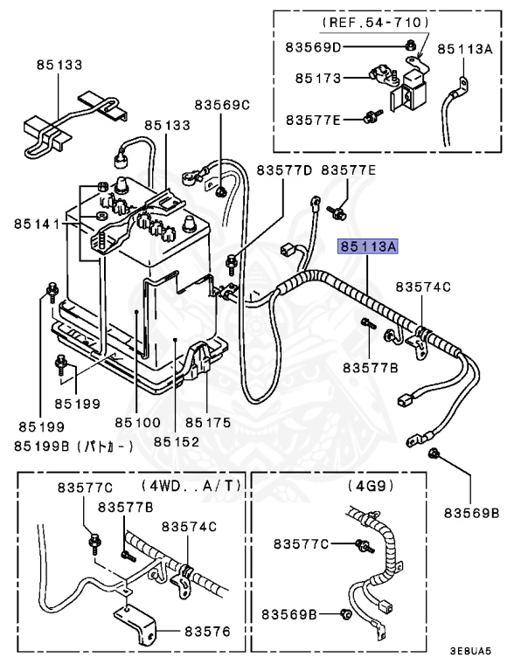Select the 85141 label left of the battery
click(36, 225)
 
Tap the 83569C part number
click(222, 105)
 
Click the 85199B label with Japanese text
click(73, 446)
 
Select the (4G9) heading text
click(372, 485)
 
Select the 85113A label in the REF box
click(465, 50)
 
